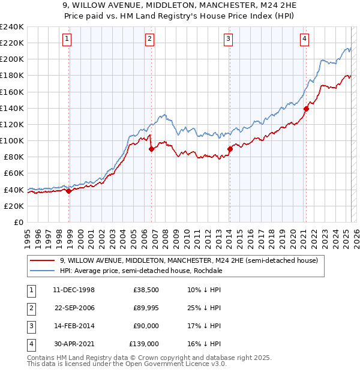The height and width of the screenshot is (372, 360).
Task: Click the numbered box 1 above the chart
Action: pos(67,40)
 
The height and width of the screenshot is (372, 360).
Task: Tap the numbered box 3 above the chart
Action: pos(229,40)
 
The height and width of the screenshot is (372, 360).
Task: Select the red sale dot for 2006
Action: pos(151,149)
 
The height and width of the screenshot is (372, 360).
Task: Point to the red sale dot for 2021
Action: pos(306,109)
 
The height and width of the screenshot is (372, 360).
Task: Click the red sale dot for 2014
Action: pos(230,149)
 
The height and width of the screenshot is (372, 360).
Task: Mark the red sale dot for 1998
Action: pos(69,191)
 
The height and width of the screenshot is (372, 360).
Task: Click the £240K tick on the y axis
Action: pos(12,27)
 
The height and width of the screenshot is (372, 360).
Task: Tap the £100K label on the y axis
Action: pos(12,140)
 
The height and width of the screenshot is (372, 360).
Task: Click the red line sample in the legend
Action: pos(42,261)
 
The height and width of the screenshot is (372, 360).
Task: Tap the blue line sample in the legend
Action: pos(42,271)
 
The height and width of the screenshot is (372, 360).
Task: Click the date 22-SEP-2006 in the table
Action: pos(75,308)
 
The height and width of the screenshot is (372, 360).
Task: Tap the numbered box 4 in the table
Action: pos(30,344)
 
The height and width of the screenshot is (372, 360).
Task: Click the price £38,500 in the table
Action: pos(146,290)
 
